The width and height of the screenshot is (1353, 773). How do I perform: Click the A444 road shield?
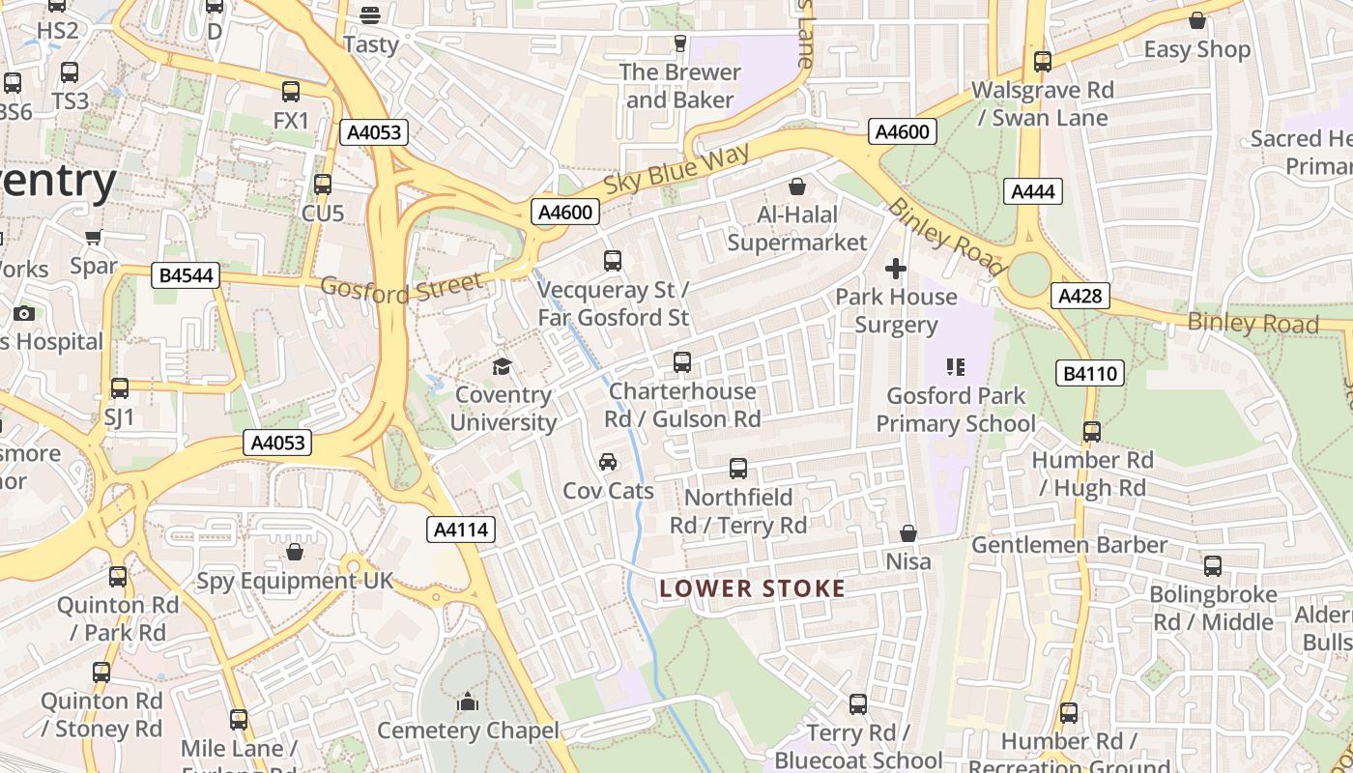tap(1032, 191)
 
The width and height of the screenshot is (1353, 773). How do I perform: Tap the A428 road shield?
tap(1080, 296)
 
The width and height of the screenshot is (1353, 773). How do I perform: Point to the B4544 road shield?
tap(186, 275)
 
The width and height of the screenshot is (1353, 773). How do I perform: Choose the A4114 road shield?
tap(461, 529)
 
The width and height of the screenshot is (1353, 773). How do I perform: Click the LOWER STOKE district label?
tap(752, 588)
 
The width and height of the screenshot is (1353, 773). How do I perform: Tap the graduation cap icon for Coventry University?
tap(502, 366)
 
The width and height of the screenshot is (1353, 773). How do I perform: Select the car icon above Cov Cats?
tap(608, 462)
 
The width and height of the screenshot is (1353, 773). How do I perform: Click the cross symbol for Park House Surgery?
tap(896, 269)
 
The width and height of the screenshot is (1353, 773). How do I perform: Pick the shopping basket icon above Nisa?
tap(908, 533)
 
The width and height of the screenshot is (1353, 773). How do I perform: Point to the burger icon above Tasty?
tap(370, 15)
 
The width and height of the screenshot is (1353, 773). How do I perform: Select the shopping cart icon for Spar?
tap(94, 238)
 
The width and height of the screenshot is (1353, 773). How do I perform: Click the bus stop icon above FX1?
tap(291, 92)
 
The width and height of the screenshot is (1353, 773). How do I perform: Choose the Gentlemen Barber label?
tap(1069, 545)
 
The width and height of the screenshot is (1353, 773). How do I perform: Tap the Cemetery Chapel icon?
tap(468, 701)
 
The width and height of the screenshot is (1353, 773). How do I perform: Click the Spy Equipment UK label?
tap(295, 581)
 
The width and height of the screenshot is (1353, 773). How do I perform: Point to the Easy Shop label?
tap(1196, 49)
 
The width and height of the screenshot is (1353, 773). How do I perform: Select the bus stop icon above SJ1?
tap(120, 388)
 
